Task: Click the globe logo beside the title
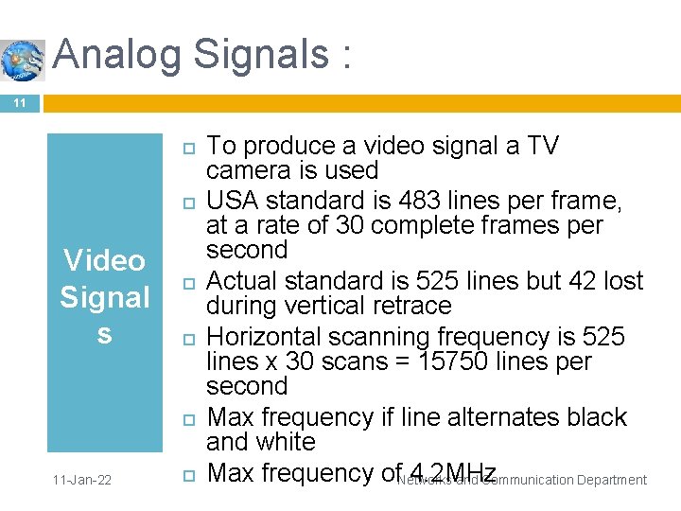[x=22, y=59]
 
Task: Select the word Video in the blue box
[x=104, y=260]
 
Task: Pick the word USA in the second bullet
[x=235, y=201]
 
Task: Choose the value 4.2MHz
[x=439, y=473]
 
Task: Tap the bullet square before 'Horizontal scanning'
[x=187, y=339]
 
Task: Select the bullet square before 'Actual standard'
[x=187, y=283]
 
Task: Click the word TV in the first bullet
[x=543, y=146]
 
